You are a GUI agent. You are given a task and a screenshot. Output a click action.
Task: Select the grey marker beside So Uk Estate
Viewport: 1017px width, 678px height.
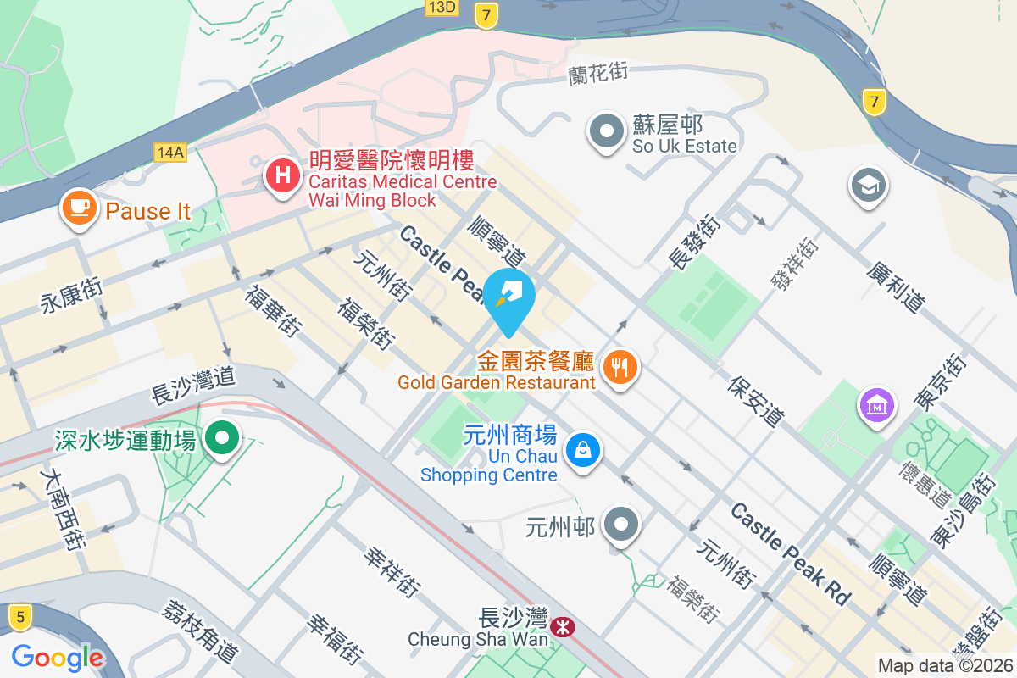tap(607, 132)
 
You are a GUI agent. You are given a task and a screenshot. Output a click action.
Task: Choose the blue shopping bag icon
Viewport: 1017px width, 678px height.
tap(583, 449)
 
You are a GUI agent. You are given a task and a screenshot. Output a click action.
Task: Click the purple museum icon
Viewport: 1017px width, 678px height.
tap(877, 403)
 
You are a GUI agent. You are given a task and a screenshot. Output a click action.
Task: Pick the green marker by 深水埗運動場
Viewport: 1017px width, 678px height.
tap(223, 438)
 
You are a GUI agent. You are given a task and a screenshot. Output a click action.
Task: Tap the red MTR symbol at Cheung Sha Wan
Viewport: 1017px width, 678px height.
tap(560, 627)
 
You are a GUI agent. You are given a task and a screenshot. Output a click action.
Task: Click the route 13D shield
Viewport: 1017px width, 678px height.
tap(442, 8)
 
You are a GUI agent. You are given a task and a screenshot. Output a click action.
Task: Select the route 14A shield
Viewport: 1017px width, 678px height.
tap(170, 153)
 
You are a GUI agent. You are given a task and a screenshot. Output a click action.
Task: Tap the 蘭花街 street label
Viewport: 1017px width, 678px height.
tap(597, 73)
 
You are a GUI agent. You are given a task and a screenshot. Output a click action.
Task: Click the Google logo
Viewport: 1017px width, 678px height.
tap(58, 657)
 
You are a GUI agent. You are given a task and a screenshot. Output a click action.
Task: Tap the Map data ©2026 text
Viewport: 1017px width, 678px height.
tap(945, 665)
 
